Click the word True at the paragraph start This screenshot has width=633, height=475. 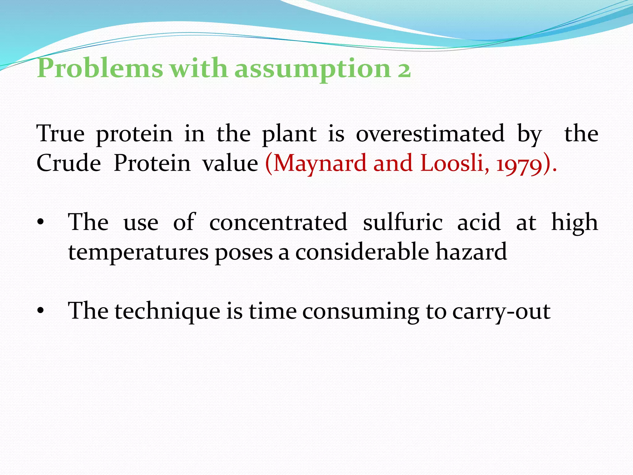(x=61, y=134)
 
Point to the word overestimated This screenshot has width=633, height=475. (x=430, y=134)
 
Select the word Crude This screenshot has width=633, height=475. (x=69, y=163)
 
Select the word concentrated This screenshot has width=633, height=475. (x=278, y=222)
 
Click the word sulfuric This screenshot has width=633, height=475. (x=403, y=222)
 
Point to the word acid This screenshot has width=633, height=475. (x=479, y=222)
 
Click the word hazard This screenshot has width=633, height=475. (x=471, y=252)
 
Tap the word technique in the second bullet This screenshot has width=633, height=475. (x=167, y=312)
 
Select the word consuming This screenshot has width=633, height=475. (x=360, y=312)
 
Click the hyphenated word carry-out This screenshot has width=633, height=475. (x=501, y=312)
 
